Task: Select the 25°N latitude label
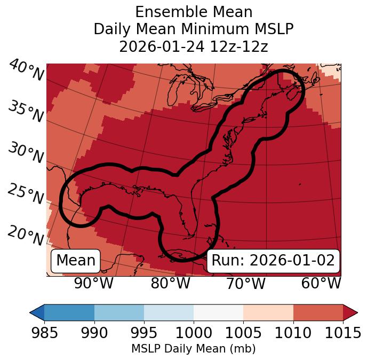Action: (x=26, y=194)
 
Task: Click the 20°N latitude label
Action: (x=26, y=235)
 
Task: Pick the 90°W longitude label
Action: (x=93, y=284)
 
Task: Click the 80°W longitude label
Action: (x=170, y=284)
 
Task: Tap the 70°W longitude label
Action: (x=245, y=284)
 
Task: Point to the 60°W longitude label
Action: (x=321, y=284)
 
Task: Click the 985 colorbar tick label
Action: (x=44, y=333)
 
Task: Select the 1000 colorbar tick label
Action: (x=194, y=333)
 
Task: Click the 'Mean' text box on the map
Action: (x=76, y=261)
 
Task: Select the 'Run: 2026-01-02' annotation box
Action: (x=273, y=261)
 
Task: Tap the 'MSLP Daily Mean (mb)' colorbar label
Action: (x=194, y=349)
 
